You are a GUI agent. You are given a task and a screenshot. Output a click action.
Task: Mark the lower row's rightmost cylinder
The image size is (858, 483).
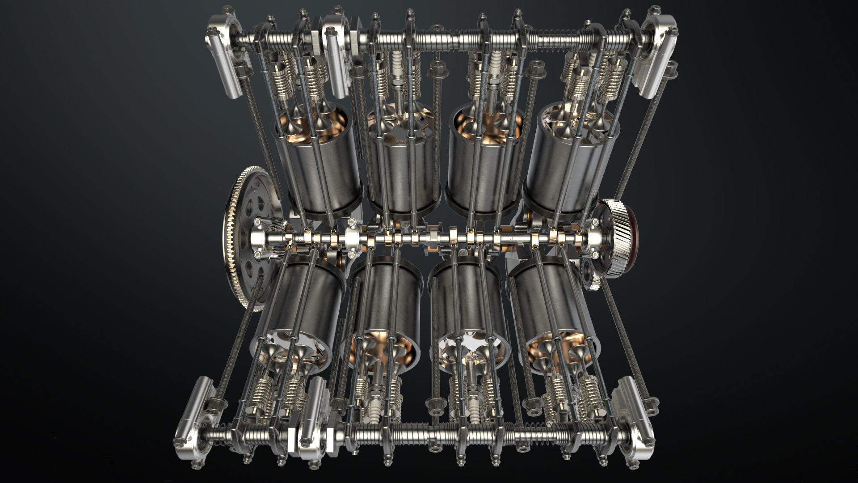point(554,304)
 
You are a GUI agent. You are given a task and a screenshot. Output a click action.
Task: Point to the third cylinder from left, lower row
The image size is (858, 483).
point(467,304)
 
